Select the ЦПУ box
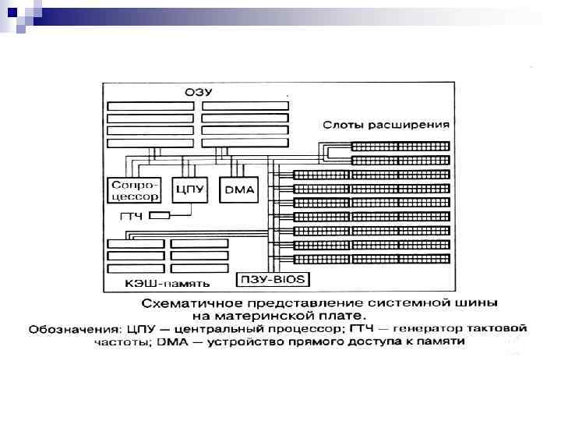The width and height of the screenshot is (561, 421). (x=190, y=189)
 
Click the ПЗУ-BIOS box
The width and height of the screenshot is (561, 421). (x=271, y=279)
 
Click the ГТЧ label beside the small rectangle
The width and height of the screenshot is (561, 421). (x=130, y=216)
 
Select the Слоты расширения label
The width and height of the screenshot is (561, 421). (x=387, y=125)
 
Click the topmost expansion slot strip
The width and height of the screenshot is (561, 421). (x=400, y=146)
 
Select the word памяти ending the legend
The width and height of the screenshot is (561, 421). (x=446, y=341)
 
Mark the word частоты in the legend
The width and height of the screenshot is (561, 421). (x=117, y=341)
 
